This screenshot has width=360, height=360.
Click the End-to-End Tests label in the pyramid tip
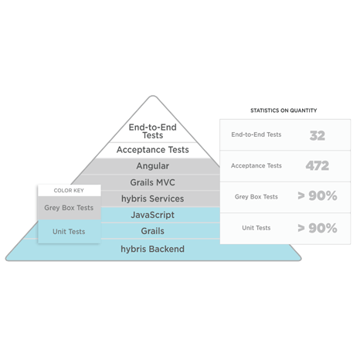click(x=153, y=131)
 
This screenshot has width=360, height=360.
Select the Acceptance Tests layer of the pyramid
click(x=153, y=150)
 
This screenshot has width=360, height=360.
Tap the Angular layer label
click(x=153, y=166)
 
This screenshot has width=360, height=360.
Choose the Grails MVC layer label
click(x=153, y=182)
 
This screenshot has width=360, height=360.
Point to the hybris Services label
click(x=153, y=199)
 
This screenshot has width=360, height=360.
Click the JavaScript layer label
click(x=153, y=215)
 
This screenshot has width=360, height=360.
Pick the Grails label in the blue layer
click(x=153, y=231)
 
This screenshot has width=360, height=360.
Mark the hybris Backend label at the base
click(x=153, y=249)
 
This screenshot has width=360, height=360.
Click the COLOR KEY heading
click(x=69, y=191)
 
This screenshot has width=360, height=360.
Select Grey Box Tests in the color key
click(x=69, y=208)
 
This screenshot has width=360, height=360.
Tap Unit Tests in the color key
click(x=69, y=232)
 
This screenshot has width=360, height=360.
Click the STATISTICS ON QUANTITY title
click(x=284, y=110)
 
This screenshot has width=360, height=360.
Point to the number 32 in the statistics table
click(x=318, y=136)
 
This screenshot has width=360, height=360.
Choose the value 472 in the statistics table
click(x=318, y=166)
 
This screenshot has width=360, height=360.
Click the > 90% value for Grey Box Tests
click(x=318, y=196)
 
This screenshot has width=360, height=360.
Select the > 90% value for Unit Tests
click(x=318, y=228)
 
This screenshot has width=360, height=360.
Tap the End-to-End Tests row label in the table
click(x=256, y=134)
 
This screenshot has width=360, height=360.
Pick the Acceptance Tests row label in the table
click(x=256, y=166)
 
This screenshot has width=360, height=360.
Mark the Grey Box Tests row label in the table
click(x=256, y=197)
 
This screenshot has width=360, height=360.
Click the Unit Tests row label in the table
click(x=256, y=228)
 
